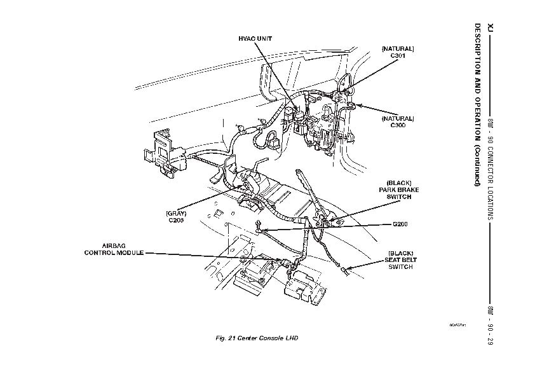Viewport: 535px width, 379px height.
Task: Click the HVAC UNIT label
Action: point(255,38)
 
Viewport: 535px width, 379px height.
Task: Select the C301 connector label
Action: point(398,56)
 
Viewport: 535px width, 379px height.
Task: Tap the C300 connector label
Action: point(398,125)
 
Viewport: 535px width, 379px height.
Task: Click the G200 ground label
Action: point(400,224)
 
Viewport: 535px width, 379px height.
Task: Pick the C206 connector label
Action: point(175,220)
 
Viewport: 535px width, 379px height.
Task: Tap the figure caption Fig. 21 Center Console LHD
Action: point(257,337)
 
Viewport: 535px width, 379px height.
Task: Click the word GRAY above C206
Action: point(175,212)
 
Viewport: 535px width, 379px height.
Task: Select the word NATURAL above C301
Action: point(398,48)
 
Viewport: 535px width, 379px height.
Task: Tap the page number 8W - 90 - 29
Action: point(490,325)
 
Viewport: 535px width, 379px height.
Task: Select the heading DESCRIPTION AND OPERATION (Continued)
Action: point(477,105)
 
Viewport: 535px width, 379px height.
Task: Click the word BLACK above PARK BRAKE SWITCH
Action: point(395,182)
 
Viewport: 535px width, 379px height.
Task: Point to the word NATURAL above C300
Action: point(398,118)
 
